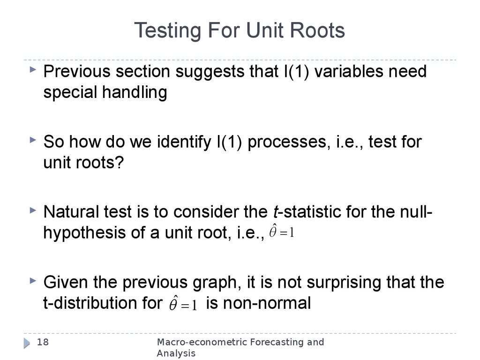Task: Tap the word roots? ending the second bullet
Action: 101,163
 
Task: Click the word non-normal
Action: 258,303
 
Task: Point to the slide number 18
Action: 43,342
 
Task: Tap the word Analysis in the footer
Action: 176,353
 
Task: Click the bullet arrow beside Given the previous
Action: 32,281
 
